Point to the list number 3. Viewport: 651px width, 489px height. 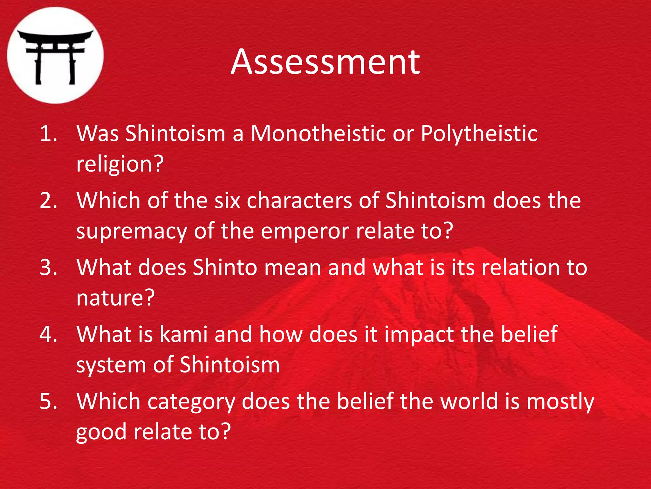coord(48,267)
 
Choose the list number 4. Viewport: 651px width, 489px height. coord(48,334)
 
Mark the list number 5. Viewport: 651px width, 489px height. coord(48,401)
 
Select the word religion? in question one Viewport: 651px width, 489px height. coord(120,164)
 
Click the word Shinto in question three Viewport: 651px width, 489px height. coord(225,267)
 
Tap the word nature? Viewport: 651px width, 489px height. coord(115,298)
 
